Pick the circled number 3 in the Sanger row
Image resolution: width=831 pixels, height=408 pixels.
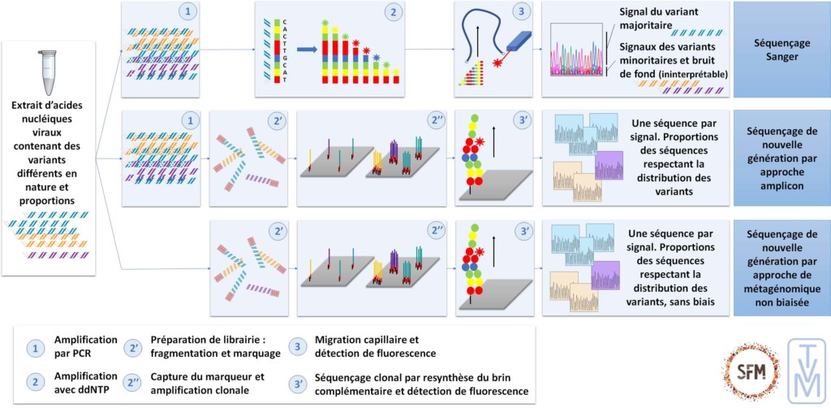pos(520,14)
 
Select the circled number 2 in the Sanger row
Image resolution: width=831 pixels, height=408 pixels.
pos(392,14)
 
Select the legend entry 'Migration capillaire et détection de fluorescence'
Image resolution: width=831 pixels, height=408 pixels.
pos(373,346)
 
